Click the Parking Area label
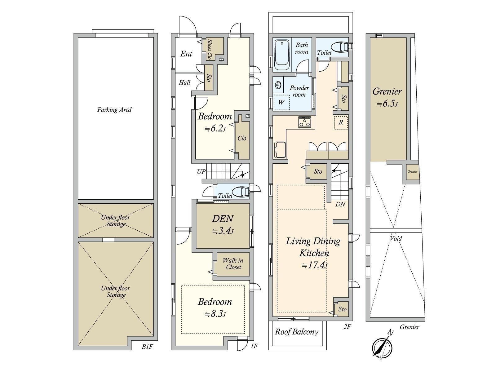click(114, 110)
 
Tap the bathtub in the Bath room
click(282, 55)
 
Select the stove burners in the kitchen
click(305, 122)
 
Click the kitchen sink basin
click(280, 150)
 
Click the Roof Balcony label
click(296, 332)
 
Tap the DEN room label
click(223, 219)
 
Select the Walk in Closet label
click(233, 264)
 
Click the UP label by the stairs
click(201, 172)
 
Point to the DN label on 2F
click(340, 204)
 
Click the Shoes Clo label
click(210, 50)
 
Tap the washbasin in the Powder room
click(278, 85)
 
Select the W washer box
click(281, 102)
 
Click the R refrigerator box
click(341, 122)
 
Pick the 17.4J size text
click(315, 265)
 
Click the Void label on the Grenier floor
click(396, 238)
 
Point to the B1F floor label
click(147, 347)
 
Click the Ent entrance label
click(186, 54)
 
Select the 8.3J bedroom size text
click(215, 314)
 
